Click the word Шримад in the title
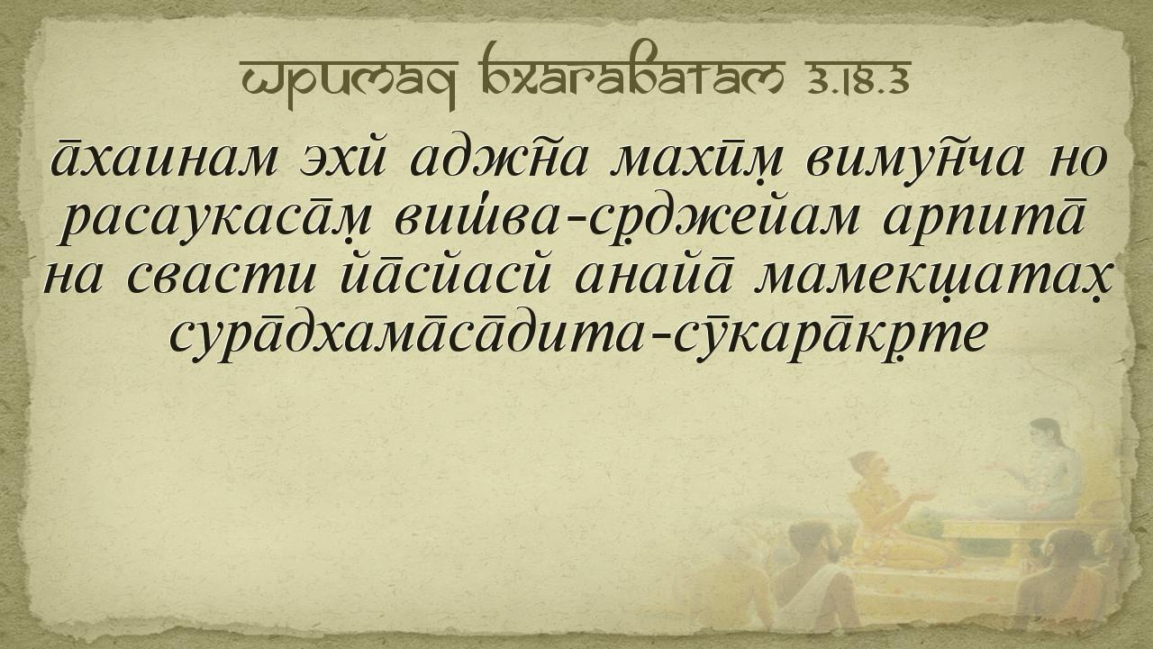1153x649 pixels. coord(349,81)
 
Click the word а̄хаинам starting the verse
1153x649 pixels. coord(164,158)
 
